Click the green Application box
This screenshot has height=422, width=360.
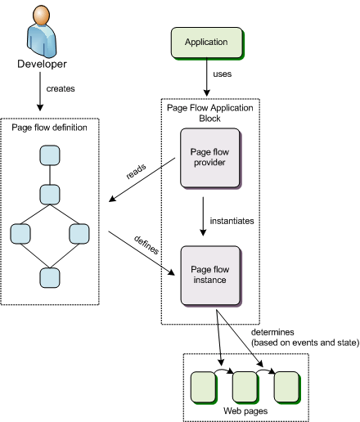207,43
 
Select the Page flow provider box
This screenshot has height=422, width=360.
210,159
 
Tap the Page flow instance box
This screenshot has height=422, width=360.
211,276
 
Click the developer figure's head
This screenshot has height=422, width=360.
42,15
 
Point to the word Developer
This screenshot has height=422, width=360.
42,64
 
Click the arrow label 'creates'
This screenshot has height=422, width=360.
61,89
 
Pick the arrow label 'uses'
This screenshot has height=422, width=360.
223,74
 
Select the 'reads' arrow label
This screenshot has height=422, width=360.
136,172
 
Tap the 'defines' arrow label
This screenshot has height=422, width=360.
146,245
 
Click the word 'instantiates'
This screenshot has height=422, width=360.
232,221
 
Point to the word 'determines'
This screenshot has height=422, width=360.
272,332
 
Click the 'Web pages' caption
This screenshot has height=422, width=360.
245,411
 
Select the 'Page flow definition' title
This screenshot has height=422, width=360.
49,128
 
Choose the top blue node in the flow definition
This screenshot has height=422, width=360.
50,155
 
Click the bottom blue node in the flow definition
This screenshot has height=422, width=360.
50,278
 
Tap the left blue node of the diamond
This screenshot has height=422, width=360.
20,234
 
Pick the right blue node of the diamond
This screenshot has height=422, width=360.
79,234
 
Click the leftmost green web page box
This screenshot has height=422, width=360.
204,388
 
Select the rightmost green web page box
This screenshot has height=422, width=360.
287,388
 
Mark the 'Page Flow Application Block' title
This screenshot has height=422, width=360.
210,113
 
